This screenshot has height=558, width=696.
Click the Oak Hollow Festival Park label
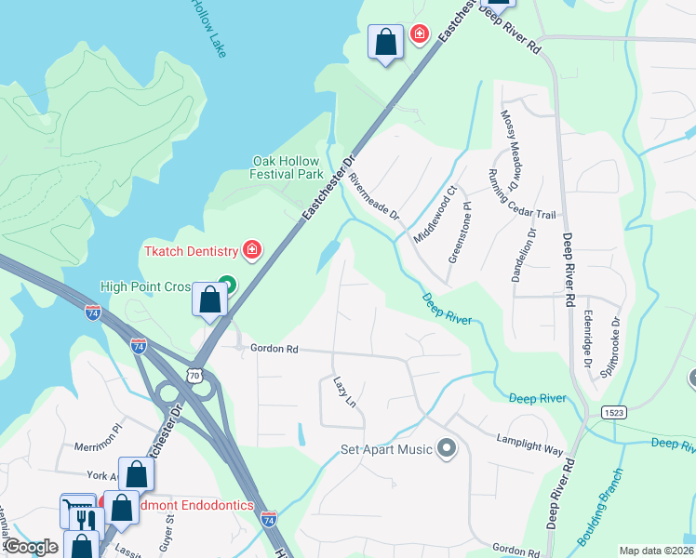click(288, 167)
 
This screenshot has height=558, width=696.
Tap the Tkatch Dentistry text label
click(192, 251)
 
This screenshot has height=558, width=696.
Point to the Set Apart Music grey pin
click(448, 449)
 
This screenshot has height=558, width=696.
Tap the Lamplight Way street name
click(529, 444)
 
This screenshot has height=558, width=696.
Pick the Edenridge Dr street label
click(585, 339)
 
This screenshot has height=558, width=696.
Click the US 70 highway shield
click(194, 375)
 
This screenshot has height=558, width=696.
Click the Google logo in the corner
click(31, 547)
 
